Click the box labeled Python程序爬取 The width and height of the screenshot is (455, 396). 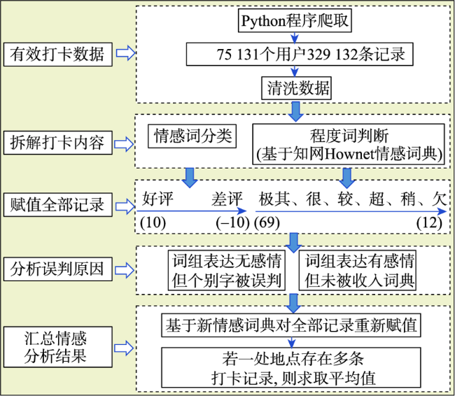tap(295, 20)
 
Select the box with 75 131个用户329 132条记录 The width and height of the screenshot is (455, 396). tap(300, 55)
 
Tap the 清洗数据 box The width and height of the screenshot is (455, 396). tap(296, 88)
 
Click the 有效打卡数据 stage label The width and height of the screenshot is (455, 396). tap(57, 55)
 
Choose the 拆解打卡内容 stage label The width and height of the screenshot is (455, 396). tap(57, 143)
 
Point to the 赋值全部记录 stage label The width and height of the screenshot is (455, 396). tap(57, 204)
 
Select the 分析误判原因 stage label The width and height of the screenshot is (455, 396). tap(57, 269)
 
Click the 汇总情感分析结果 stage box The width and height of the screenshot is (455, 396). tap(57, 347)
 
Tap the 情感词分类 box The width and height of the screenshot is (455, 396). tap(192, 136)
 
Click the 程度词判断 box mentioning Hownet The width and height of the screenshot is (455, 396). tap(349, 144)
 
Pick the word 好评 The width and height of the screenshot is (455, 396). tap(158, 199)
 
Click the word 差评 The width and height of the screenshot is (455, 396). tap(227, 199)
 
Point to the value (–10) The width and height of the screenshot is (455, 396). tap(232, 222)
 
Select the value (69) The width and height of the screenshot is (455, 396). tap(267, 222)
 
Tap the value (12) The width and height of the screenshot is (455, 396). tap(430, 222)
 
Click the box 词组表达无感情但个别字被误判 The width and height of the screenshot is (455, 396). tap(227, 270)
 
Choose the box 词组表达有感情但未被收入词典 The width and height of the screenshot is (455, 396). tap(358, 270)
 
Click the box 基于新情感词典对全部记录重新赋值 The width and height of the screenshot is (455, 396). tap(291, 325)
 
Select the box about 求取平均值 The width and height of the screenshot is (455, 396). tap(291, 368)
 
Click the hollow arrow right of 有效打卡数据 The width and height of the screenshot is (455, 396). tap(125, 53)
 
